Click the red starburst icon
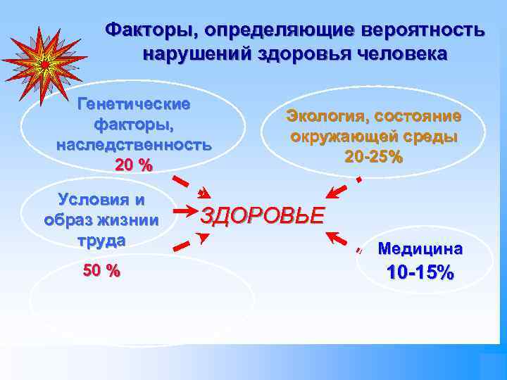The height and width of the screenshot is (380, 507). [44, 63]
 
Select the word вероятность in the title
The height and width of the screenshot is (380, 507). [423, 30]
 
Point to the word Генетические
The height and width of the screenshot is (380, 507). [134, 104]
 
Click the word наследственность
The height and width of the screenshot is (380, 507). [134, 146]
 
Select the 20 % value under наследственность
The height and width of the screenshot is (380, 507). [134, 165]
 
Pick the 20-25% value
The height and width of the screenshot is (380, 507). [373, 156]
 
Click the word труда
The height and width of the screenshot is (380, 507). [101, 239]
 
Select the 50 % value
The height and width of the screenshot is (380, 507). [101, 270]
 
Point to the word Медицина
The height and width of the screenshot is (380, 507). [420, 248]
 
